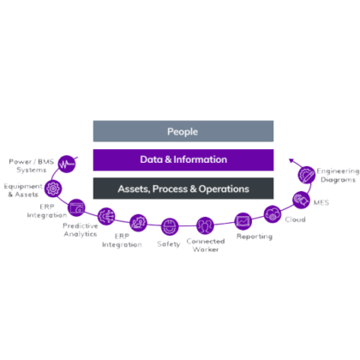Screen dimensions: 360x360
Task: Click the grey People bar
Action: (183, 131)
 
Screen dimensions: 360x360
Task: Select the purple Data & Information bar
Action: (183, 160)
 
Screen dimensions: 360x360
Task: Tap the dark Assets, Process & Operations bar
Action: (183, 189)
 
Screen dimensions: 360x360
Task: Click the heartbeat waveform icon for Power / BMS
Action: (67, 164)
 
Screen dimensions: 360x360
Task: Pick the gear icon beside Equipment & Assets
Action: (53, 189)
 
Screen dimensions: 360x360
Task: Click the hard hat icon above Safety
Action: (170, 226)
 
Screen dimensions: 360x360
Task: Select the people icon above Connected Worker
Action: (205, 225)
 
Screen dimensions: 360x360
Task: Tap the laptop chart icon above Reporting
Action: (243, 221)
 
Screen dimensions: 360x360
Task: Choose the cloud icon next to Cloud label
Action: (273, 214)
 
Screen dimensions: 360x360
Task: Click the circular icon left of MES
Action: (302, 200)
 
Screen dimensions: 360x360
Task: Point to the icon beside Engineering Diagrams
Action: (307, 175)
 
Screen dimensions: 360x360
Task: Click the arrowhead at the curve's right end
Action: (291, 160)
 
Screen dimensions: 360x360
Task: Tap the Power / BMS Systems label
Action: (32, 165)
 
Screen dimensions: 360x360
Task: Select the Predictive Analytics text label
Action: (81, 230)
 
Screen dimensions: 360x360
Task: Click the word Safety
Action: (169, 244)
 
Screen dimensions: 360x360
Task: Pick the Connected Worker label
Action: (206, 245)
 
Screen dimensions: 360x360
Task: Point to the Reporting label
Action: (255, 237)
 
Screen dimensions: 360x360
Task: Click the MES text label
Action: (321, 202)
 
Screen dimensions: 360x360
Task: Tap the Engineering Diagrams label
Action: (338, 175)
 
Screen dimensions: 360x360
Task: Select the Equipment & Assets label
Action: (23, 190)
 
